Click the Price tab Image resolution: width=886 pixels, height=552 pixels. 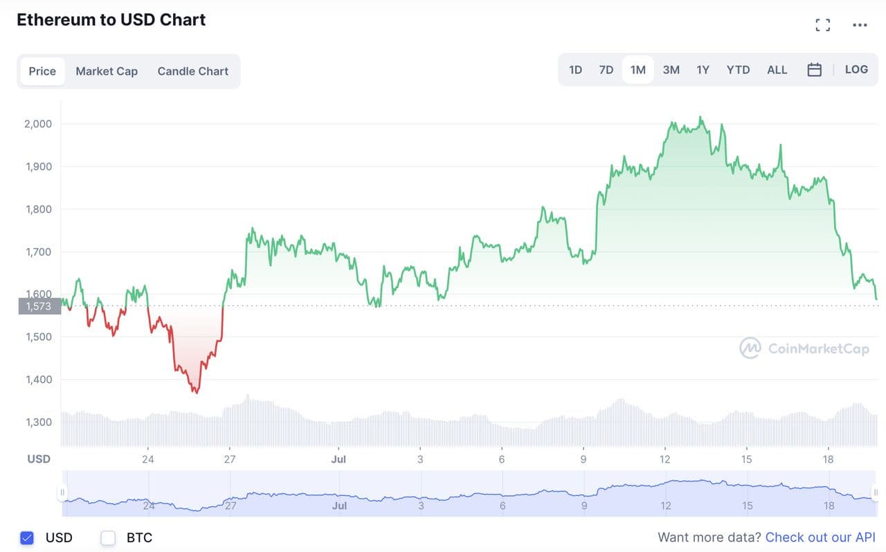point(42,71)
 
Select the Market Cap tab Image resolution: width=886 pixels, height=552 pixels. point(107,71)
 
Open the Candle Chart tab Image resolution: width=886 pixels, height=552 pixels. point(192,71)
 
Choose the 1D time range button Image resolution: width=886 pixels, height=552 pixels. point(575,70)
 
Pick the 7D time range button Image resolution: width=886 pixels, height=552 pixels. point(606,70)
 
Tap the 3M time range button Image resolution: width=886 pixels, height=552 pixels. point(671,70)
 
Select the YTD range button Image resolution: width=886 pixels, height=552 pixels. point(738,70)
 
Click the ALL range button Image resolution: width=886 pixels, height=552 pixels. point(777,70)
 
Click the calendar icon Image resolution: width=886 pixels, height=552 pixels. point(814,70)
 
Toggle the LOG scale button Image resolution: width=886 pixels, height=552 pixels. point(856,69)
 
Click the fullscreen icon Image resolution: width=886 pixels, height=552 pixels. point(822,26)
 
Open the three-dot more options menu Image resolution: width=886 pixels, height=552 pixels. point(860,26)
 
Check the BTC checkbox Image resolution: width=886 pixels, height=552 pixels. point(108,537)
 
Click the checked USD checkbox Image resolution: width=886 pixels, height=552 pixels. point(27,537)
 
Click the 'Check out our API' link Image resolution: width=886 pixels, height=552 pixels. point(820,537)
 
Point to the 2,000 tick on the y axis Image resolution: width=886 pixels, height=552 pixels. point(38,124)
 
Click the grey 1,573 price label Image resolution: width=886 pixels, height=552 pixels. point(39,306)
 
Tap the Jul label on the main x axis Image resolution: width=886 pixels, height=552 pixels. point(338,459)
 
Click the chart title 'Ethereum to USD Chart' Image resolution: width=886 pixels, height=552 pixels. point(111,20)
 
